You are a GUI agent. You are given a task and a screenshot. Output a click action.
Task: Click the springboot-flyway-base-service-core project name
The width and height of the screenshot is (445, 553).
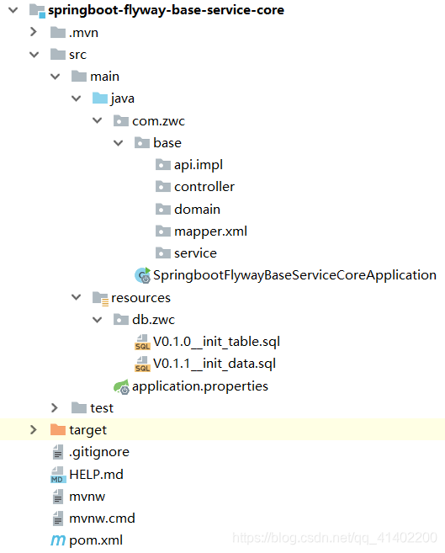167,10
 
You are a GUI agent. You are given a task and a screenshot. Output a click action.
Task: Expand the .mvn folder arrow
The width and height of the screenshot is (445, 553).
34,32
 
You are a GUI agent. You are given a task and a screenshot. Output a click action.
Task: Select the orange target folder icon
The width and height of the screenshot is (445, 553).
57,430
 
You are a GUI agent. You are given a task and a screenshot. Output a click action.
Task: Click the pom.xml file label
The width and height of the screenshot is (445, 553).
95,540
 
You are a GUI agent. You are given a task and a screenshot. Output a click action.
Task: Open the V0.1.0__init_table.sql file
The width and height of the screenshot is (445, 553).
215,342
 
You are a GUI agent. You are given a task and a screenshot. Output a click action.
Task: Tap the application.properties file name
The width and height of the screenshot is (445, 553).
200,386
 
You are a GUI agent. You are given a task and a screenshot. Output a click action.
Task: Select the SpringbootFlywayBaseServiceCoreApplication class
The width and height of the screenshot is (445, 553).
294,275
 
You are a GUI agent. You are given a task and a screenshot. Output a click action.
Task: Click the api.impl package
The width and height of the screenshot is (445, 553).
198,164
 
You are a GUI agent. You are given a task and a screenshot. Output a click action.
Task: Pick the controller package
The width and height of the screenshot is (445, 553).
204,187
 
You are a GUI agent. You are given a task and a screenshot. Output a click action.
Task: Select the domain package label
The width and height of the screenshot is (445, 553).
197,209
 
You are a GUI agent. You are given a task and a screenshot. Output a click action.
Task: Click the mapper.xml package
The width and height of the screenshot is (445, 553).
210,231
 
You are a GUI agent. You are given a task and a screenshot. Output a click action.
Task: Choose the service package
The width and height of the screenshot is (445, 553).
195,253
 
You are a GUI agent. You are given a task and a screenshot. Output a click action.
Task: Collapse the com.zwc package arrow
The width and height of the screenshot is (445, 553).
97,120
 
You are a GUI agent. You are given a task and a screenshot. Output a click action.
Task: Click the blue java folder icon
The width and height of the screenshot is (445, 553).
99,98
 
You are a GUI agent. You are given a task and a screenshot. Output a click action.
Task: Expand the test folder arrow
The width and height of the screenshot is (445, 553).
55,408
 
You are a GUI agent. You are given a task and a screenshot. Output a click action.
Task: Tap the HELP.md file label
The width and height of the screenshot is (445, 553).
96,474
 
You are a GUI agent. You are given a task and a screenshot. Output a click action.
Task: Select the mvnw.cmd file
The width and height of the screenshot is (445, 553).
102,518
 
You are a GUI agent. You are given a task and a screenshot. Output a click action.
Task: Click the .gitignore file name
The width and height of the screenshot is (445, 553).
98,452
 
